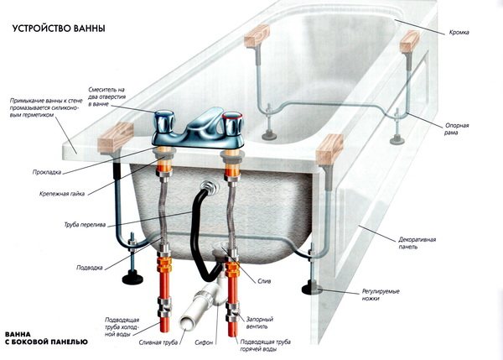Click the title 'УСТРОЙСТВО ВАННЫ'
[x=58, y=29]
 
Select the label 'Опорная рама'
[x=457, y=129]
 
